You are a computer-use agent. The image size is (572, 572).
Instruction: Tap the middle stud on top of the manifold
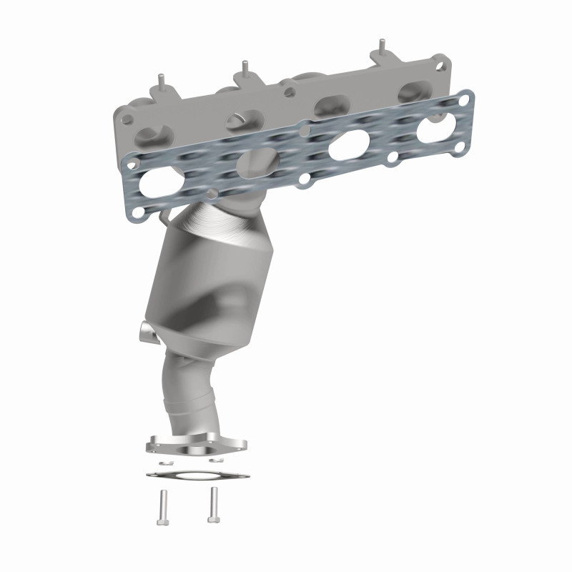pos(245,67)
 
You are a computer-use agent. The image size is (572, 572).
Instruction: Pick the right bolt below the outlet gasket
pos(212,505)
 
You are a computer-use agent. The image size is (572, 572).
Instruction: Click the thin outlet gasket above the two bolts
pos(198,475)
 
